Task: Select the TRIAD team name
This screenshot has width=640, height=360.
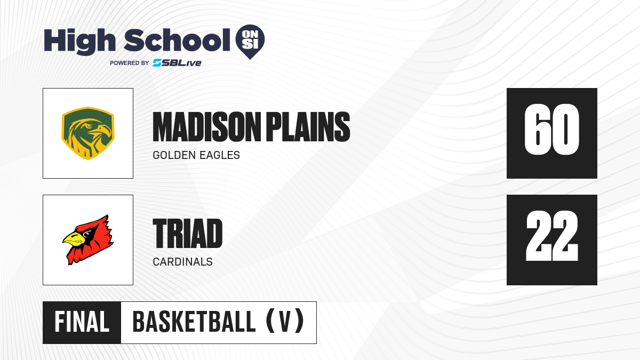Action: (187, 234)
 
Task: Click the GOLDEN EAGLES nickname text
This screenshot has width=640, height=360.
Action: (196, 155)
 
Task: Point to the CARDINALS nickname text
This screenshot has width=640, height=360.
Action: (182, 262)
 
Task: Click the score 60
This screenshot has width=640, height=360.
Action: (551, 130)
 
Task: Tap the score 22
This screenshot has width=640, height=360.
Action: (551, 236)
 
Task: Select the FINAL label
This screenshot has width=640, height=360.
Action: (82, 322)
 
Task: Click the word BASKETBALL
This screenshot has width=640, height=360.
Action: (194, 322)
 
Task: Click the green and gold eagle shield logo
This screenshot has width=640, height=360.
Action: (88, 133)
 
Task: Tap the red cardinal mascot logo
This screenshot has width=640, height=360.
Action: (88, 239)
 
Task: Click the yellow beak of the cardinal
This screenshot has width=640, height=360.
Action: (73, 239)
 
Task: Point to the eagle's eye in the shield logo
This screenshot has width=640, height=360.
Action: (90, 125)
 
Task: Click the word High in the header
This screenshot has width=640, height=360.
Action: (79, 41)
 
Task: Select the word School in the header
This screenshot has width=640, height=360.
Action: (177, 40)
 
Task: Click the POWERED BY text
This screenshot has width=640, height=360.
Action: (130, 63)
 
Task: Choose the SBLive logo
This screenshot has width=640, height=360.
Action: (177, 62)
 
